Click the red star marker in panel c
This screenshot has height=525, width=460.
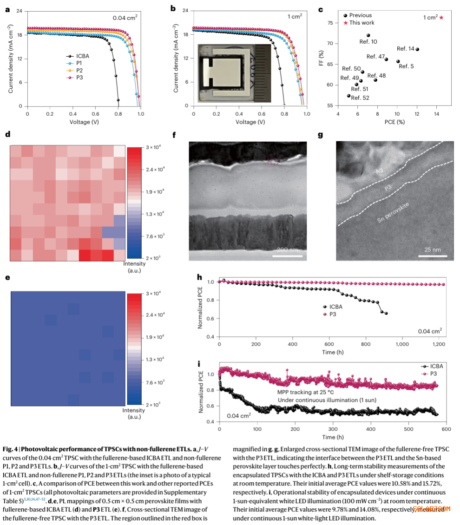[x=441, y=18]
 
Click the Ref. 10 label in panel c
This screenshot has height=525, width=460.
[x=368, y=42]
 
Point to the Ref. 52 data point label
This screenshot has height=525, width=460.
[x=360, y=98]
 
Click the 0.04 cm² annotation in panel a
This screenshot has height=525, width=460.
[x=125, y=18]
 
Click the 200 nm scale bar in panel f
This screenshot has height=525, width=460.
[x=288, y=255]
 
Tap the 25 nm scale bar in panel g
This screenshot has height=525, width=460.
[x=433, y=255]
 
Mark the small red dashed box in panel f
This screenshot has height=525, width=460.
[x=273, y=160]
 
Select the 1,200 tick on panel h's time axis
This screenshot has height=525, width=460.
[x=438, y=345]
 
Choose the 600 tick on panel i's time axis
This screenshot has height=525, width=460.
[x=446, y=430]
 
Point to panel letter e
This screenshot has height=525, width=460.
[x=7, y=278]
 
